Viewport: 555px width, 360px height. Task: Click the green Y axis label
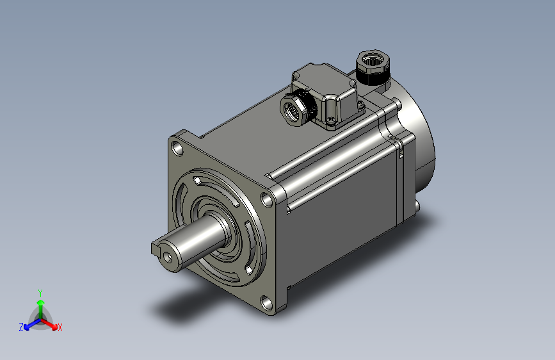[x=40, y=293]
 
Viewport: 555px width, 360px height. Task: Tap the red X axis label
[x=60, y=327]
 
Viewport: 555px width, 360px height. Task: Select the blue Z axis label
[x=21, y=327]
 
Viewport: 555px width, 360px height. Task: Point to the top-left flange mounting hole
[x=177, y=148]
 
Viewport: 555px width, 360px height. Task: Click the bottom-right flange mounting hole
[x=266, y=303]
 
